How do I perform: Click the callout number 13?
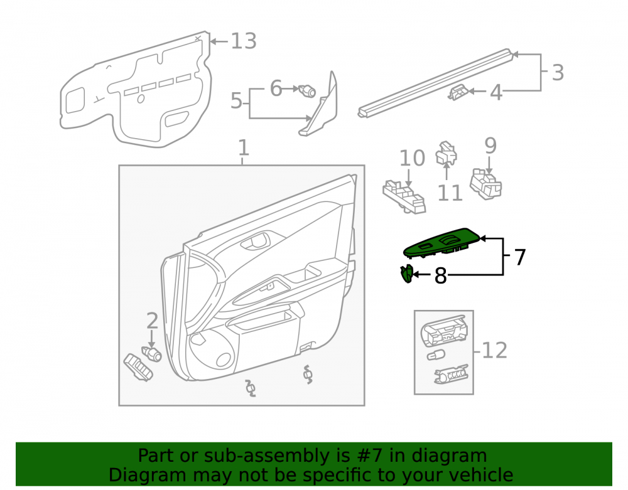click(244, 41)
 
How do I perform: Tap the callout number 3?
click(558, 73)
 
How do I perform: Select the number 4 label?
click(496, 92)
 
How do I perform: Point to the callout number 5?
click(236, 100)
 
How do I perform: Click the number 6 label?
click(276, 88)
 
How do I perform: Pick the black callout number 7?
click(520, 257)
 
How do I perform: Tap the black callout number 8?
click(441, 275)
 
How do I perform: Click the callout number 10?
click(412, 158)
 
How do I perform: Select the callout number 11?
click(450, 193)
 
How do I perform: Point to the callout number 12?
click(495, 351)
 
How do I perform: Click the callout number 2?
click(152, 321)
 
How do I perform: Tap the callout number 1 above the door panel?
click(244, 147)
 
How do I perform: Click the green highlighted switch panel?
click(441, 243)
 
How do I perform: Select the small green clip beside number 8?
click(406, 274)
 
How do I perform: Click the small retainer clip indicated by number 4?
click(458, 92)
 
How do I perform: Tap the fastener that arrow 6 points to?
click(307, 91)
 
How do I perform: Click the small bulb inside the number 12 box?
click(436, 354)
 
